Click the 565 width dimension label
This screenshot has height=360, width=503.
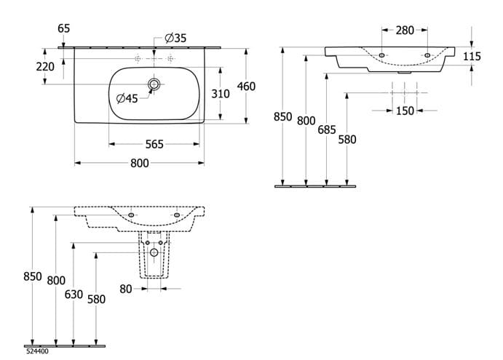(x=154, y=144)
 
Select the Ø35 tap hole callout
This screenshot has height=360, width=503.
(x=175, y=38)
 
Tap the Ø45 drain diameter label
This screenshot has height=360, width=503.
(x=127, y=98)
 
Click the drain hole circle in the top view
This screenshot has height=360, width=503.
(x=154, y=84)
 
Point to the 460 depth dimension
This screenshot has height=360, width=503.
(x=246, y=87)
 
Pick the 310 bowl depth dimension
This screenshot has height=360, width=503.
(x=221, y=94)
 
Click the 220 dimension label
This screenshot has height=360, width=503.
(x=45, y=67)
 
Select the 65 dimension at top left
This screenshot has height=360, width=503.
(x=63, y=28)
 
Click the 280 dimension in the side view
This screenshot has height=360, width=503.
(x=405, y=31)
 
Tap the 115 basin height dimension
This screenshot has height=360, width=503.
(x=472, y=57)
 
